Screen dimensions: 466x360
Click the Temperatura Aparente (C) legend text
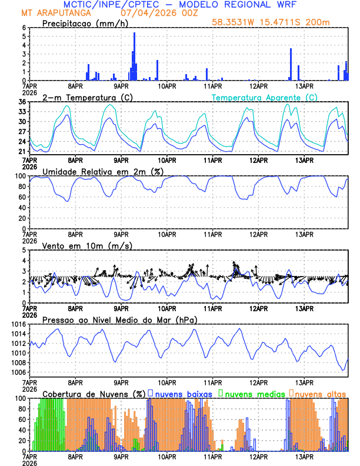coord(264,97)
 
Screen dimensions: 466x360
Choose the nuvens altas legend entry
coord(320,394)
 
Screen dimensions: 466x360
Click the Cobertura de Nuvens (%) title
coord(94,394)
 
